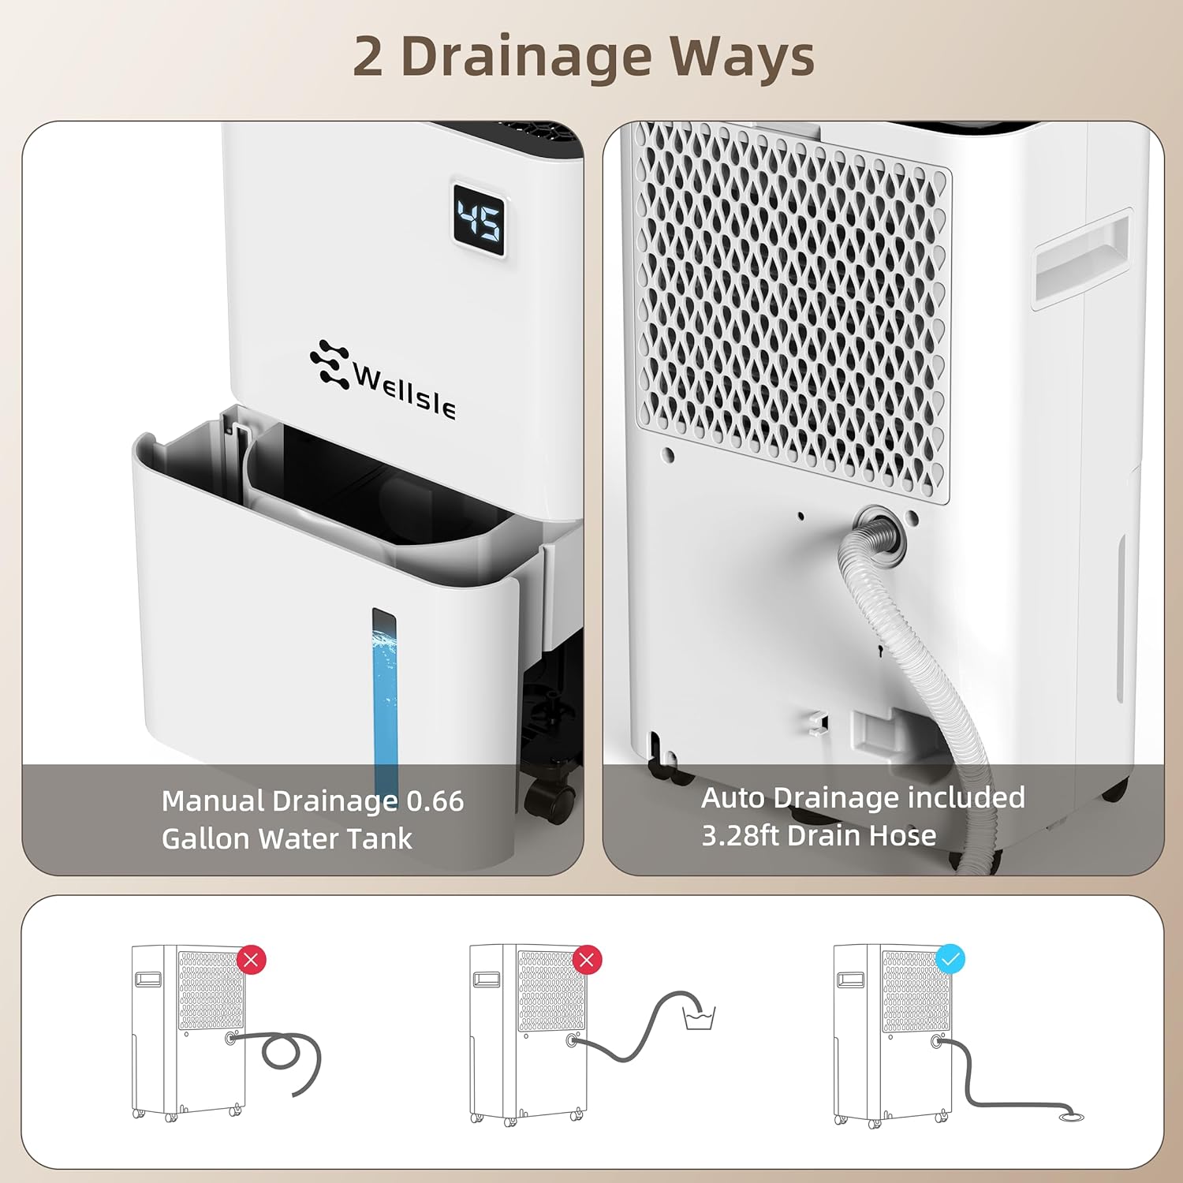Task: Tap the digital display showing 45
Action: (x=479, y=219)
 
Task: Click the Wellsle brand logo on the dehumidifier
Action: (x=383, y=379)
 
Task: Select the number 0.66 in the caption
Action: (x=435, y=801)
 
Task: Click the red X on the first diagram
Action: (x=252, y=960)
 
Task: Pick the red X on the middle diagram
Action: (x=587, y=960)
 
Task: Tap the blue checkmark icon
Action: (x=950, y=960)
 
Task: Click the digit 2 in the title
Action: (x=368, y=58)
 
